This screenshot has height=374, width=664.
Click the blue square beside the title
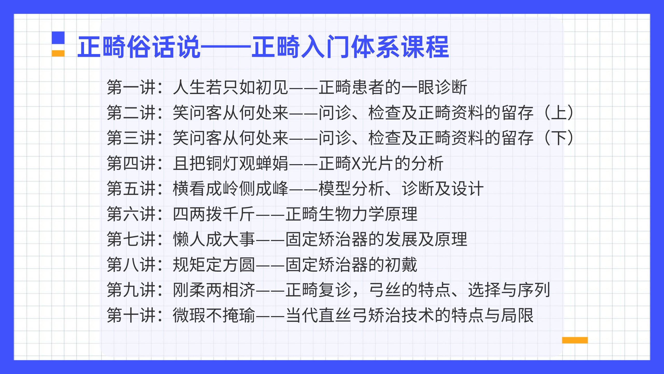tap(58, 38)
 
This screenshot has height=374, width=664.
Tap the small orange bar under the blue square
tap(58, 53)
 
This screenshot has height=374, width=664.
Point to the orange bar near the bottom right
tap(575, 340)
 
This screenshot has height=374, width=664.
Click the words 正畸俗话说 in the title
tap(139, 47)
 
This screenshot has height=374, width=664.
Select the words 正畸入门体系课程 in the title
tap(350, 47)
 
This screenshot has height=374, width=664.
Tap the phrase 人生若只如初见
tap(230, 87)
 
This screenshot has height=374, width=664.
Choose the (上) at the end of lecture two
tap(559, 113)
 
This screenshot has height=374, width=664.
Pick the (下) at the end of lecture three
tap(559, 138)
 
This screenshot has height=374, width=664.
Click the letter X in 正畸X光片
tap(357, 164)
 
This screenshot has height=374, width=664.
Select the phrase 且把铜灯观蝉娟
tap(230, 164)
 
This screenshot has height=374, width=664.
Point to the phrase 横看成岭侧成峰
tap(230, 189)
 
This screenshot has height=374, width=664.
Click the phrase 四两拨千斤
tap(214, 214)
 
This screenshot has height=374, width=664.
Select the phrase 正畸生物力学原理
tap(351, 214)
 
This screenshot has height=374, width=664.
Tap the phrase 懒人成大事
tap(214, 239)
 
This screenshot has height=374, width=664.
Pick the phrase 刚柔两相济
tap(214, 290)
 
